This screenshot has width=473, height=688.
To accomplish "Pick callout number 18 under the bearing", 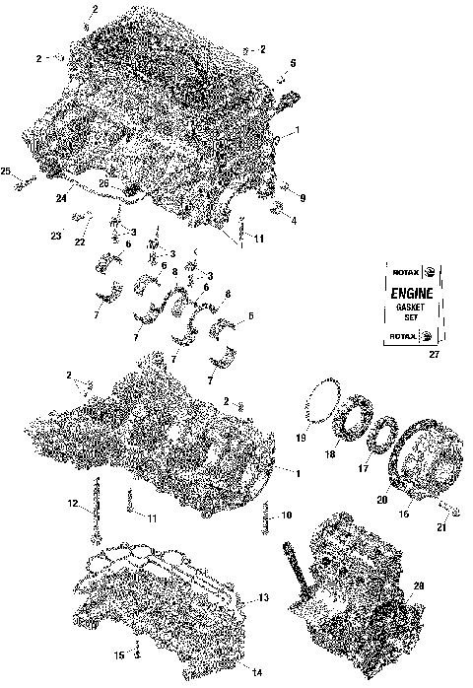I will pos(329,454).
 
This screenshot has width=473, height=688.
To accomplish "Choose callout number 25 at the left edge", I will pos(6,172).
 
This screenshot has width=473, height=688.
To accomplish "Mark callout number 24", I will pos(61,198).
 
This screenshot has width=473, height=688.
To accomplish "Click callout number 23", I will pos(56,238).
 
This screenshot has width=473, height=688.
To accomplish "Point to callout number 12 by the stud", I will pos(73,505).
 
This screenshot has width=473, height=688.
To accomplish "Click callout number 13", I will pos(262,598).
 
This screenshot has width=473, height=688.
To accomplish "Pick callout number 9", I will pos(303,198).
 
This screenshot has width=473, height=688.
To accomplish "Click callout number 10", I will pos(287,515).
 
